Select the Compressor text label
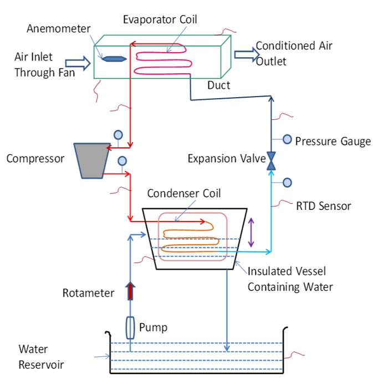[x=35, y=158]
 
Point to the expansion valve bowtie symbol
[x=272, y=160]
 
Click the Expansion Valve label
[x=226, y=159]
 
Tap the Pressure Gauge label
[x=333, y=141]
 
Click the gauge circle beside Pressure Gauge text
[x=287, y=139]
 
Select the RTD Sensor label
[x=323, y=206]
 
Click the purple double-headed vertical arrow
[x=252, y=233]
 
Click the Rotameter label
[x=89, y=293]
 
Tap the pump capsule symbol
[x=130, y=328]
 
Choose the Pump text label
[x=153, y=328]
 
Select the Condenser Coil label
[x=184, y=193]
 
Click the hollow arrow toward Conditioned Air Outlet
[x=246, y=54]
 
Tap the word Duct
[x=219, y=85]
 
